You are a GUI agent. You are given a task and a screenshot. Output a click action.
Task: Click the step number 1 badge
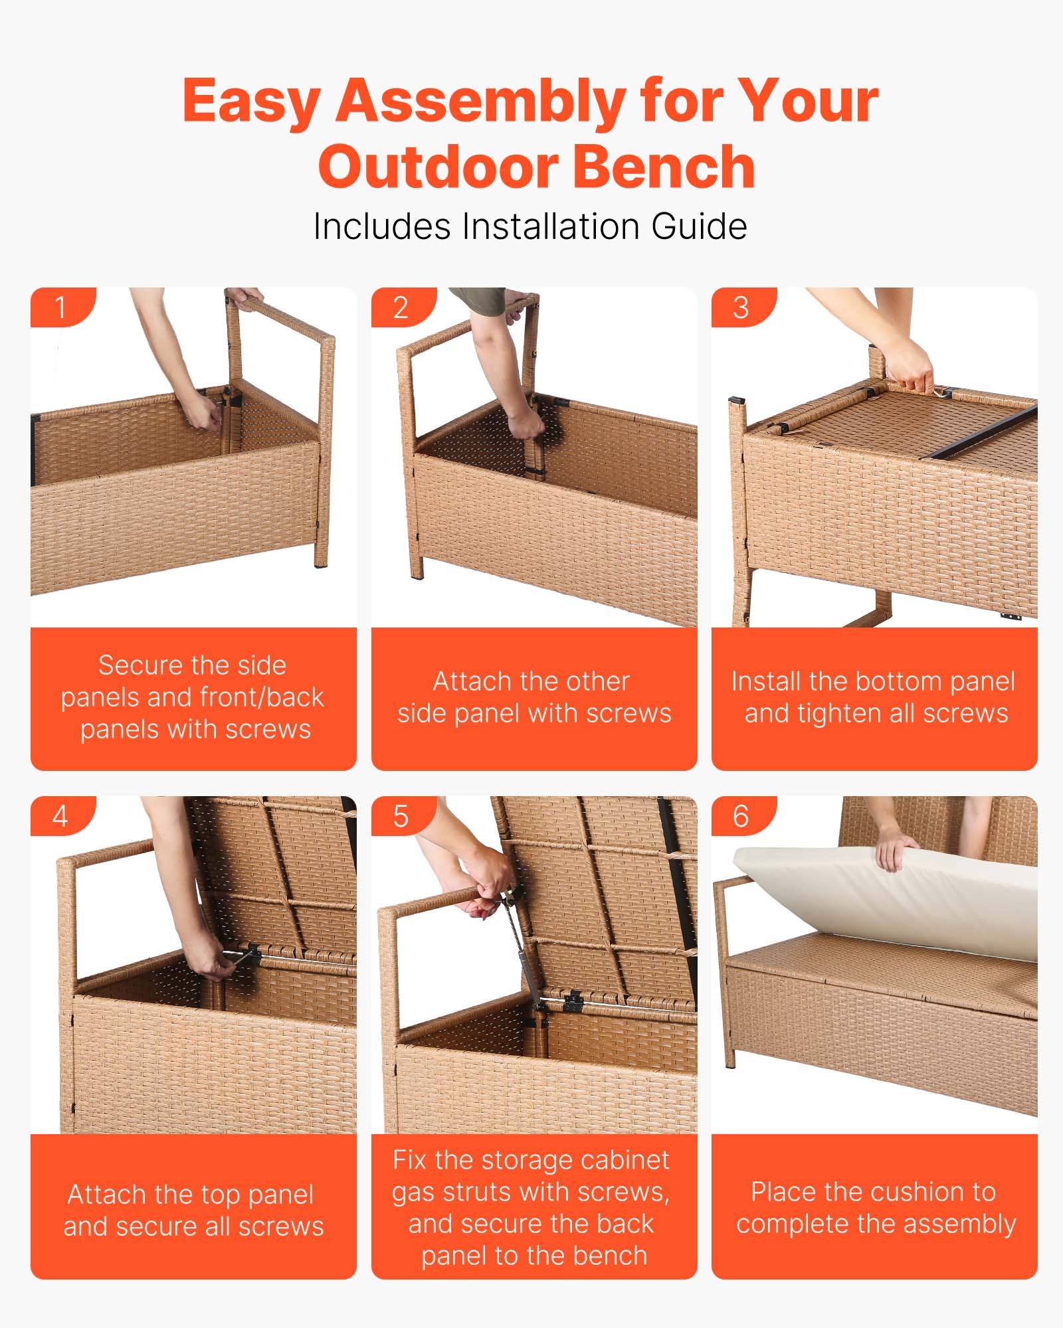pos(60,307)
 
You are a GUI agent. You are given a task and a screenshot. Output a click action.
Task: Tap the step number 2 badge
pos(401,307)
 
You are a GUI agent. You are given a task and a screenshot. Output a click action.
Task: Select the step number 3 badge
pos(741,307)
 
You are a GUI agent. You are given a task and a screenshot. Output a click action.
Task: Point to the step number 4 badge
pos(60,816)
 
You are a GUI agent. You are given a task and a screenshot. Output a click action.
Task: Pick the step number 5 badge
pos(401,816)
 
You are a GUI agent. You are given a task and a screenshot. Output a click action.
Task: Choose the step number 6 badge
pos(741,816)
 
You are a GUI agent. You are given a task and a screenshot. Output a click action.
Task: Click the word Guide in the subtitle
pos(699,226)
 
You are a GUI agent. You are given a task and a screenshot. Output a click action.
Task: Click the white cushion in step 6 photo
pos(884,896)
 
